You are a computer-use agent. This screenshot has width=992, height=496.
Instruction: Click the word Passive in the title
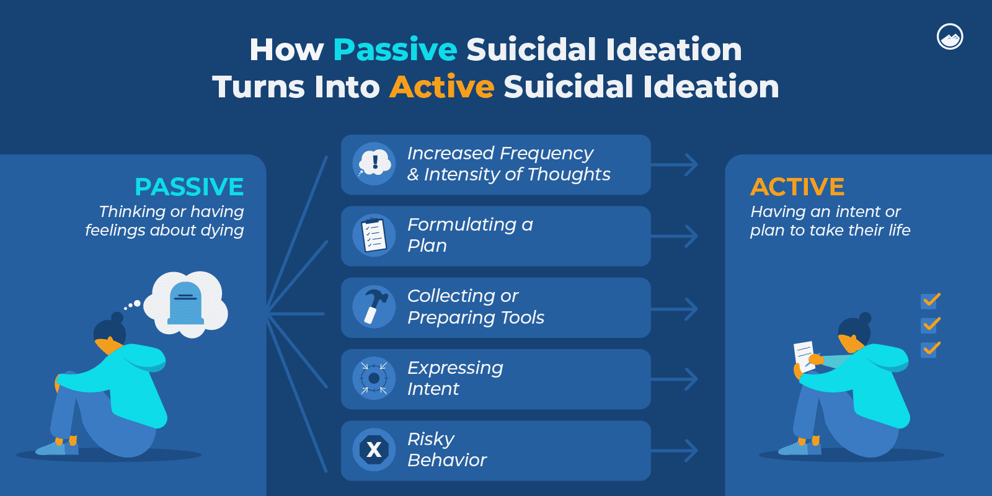(x=395, y=50)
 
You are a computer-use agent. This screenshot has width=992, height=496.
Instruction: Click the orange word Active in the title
(x=441, y=87)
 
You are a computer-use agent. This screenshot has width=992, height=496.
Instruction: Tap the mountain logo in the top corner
(x=949, y=37)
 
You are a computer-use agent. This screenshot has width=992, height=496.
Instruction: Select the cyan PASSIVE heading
(x=189, y=187)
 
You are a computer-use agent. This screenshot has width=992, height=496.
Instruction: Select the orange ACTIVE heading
(x=797, y=187)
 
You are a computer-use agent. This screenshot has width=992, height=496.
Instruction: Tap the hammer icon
(x=374, y=307)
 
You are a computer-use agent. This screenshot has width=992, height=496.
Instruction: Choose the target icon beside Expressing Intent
(x=374, y=378)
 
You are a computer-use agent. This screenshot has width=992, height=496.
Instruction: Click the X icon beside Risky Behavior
(x=374, y=449)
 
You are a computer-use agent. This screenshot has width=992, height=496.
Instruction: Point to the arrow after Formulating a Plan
(x=676, y=236)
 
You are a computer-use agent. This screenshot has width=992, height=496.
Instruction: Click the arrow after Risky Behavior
(x=676, y=451)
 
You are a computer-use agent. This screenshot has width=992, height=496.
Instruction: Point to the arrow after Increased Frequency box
(x=676, y=165)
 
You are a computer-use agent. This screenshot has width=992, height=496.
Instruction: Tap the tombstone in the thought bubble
(x=186, y=303)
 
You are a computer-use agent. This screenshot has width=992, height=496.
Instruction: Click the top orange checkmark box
(x=930, y=301)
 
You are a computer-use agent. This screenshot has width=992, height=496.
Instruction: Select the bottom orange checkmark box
(x=930, y=349)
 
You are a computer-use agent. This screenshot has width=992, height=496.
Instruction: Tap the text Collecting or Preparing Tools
(x=476, y=307)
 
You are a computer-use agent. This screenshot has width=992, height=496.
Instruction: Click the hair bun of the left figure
(x=117, y=317)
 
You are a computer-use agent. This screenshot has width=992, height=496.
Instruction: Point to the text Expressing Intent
(x=455, y=378)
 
